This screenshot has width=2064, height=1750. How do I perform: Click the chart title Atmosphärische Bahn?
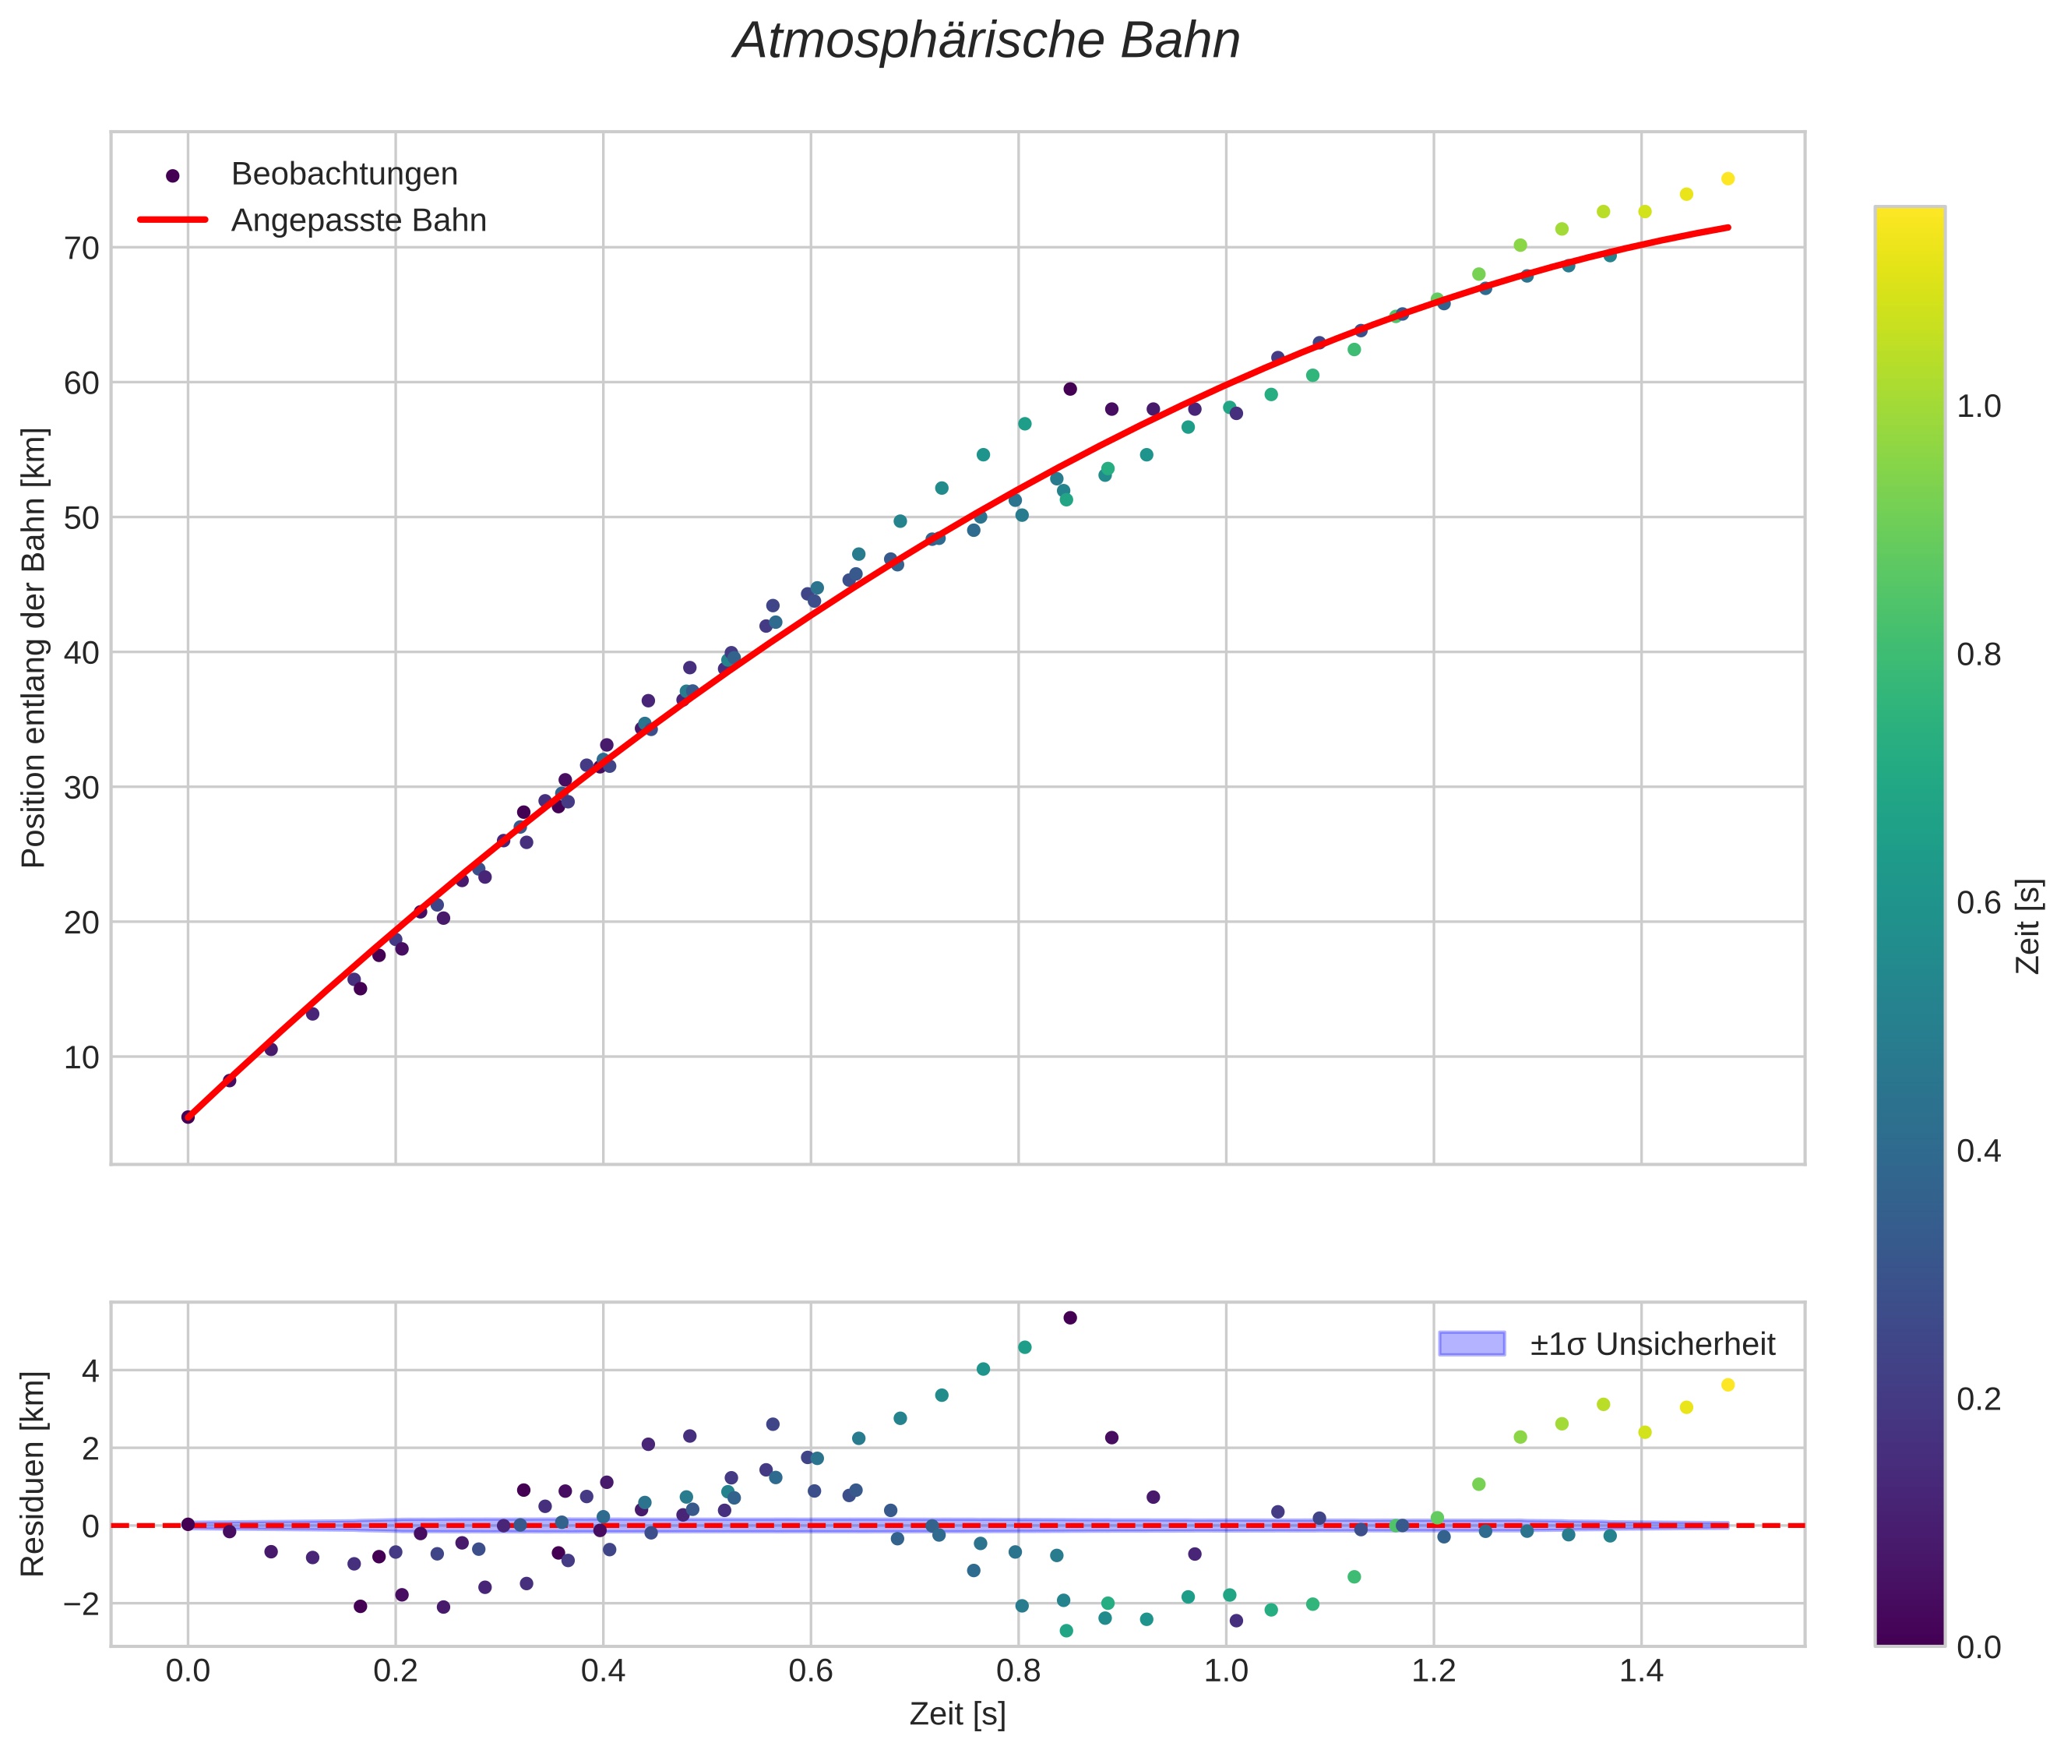coord(986,41)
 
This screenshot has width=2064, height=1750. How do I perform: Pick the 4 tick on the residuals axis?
coord(90,1371)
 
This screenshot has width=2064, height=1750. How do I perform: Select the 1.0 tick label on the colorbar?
coord(1978,407)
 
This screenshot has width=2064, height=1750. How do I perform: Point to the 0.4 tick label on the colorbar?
coord(1978,1151)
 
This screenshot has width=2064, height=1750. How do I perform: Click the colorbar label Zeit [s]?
coord(2029,926)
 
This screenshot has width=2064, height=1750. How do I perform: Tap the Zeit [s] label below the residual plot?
coord(957,1714)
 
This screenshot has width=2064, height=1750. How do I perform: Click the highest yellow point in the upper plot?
coord(1728,178)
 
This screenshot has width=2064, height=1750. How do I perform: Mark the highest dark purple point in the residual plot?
coord(1070,1318)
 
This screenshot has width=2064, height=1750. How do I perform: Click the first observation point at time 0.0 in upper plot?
coord(188,1117)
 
